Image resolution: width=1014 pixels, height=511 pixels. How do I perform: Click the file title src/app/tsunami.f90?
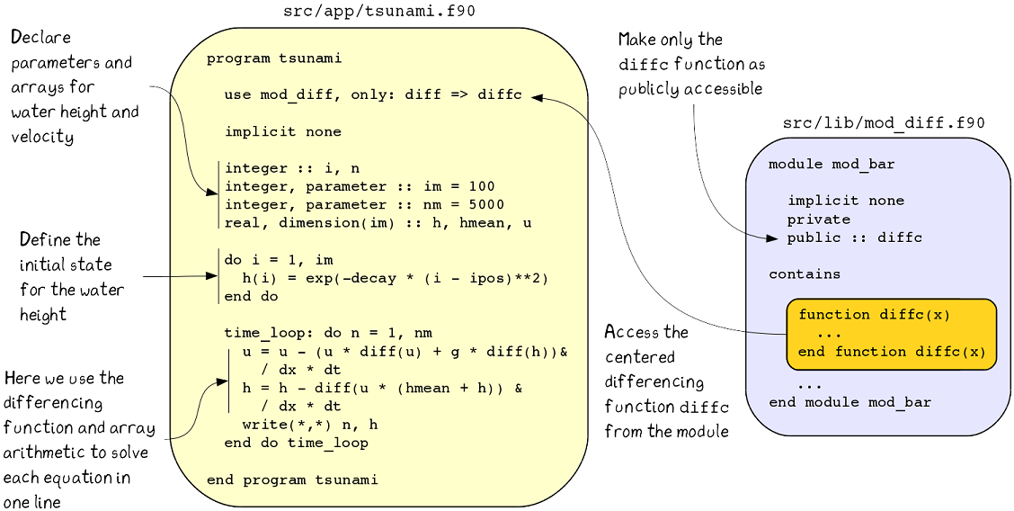[x=379, y=11]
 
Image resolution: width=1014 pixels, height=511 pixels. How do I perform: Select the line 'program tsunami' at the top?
[x=273, y=59]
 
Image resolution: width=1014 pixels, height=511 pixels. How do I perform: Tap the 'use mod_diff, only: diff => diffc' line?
[x=372, y=95]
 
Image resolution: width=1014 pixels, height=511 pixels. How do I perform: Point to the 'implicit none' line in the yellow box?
[x=282, y=131]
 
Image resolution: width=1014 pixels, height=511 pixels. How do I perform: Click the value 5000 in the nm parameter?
[x=486, y=204]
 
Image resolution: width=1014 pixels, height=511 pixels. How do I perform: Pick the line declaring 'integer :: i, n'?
[x=291, y=168]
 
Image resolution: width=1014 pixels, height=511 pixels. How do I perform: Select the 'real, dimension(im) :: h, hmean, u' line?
[x=378, y=222]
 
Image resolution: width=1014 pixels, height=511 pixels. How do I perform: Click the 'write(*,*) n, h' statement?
[x=310, y=425]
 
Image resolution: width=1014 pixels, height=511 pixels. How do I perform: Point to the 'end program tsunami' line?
[x=292, y=480]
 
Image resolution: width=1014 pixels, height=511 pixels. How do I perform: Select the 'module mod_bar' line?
[x=832, y=165]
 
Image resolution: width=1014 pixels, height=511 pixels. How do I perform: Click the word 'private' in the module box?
[x=818, y=220]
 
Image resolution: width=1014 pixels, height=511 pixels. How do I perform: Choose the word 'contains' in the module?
[x=805, y=273]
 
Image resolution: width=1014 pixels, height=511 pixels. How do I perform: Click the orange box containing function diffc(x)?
[x=891, y=334]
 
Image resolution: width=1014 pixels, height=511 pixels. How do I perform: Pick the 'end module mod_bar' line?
[x=849, y=402]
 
